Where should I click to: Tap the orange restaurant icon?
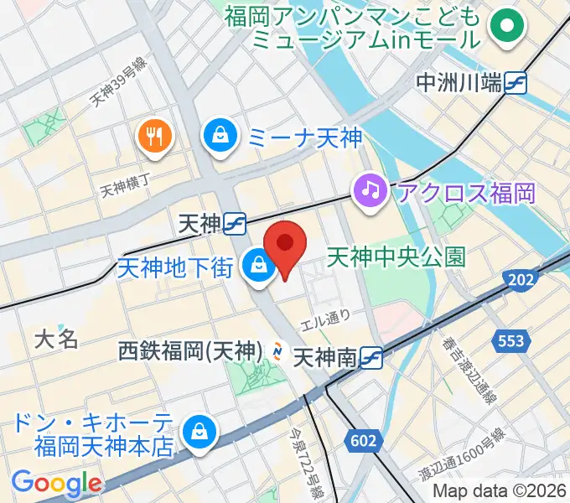pos(155,135)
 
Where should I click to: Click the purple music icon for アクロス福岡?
pos(370,189)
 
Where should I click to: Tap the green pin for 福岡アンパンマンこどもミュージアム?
pos(506,28)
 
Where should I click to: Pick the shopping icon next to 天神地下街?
pos(256,267)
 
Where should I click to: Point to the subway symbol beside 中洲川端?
pos(516,81)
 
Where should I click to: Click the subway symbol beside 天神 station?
pos(235,223)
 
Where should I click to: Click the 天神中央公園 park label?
pos(396,255)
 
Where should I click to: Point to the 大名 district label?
pos(56,339)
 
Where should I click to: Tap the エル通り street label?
pos(325,319)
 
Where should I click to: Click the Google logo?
pos(56,483)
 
